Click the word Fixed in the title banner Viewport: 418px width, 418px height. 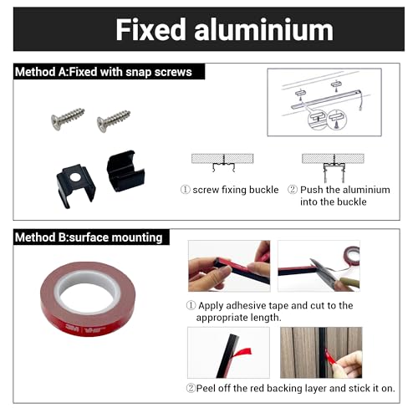pos(150,29)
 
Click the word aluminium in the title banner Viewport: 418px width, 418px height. pos(263,29)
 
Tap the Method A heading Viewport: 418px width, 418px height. pos(104,72)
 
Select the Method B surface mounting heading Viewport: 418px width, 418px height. pos(89,237)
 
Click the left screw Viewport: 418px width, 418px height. pos(68,118)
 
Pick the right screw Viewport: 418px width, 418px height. pos(114,120)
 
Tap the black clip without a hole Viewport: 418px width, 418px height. pos(125,171)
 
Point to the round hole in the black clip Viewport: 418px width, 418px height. pos(74,176)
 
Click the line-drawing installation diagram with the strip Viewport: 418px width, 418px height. pos(324,102)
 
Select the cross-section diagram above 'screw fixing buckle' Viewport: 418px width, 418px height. pos(222,163)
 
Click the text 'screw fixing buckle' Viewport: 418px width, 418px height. pos(236,190)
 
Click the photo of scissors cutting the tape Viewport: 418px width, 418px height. pos(319,266)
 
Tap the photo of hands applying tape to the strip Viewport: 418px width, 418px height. pos(229,266)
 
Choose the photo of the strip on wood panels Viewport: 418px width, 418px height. pos(321,353)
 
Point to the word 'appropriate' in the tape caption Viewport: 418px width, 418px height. pos(222,318)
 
